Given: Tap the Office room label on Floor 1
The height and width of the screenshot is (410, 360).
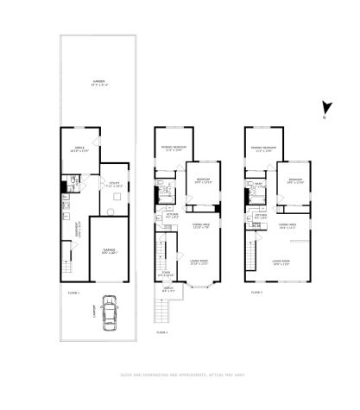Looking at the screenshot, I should (x=79, y=149).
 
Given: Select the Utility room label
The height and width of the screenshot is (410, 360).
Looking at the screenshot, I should (x=113, y=183).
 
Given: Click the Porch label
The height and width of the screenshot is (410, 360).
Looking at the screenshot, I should (x=168, y=291).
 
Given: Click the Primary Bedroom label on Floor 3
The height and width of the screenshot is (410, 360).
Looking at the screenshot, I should (x=263, y=147).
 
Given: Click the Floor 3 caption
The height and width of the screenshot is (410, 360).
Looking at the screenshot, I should (x=256, y=293).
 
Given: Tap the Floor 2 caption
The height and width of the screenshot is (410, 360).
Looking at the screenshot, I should (x=161, y=331).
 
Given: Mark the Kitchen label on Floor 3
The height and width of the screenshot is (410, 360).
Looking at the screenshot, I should (x=261, y=217).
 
